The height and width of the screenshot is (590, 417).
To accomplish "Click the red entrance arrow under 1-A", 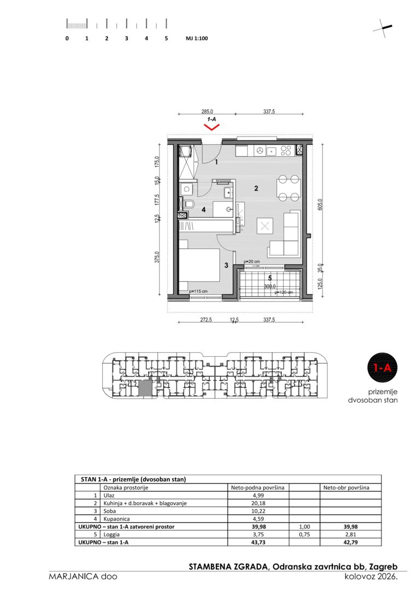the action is coord(212,127).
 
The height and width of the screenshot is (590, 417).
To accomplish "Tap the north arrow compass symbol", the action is coord(383,28).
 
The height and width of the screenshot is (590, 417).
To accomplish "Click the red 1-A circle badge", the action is coord(383,367).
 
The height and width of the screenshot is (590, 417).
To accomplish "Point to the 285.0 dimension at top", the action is coord(207,111).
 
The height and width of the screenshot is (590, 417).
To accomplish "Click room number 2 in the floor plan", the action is coord(256,188).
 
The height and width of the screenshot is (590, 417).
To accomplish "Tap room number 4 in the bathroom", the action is coord(204,210).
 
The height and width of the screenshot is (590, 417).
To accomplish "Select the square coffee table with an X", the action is coord(265,226).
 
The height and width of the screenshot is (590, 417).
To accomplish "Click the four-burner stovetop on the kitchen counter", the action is coord(286,151).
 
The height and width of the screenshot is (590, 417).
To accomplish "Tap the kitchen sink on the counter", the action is coord(271,151).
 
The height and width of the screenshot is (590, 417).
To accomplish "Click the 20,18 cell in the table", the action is coord(257,503).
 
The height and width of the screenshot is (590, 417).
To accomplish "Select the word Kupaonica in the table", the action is coord(116,519).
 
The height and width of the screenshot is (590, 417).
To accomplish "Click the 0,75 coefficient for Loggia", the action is coord(304,534).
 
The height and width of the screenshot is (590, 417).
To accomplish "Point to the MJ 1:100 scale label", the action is coord(197,38).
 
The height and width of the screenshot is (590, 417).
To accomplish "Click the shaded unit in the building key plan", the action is coord(145,387).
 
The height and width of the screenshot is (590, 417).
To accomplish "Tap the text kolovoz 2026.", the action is coord(371,576).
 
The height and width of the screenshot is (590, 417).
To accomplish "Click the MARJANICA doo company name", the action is coord(83,576).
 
